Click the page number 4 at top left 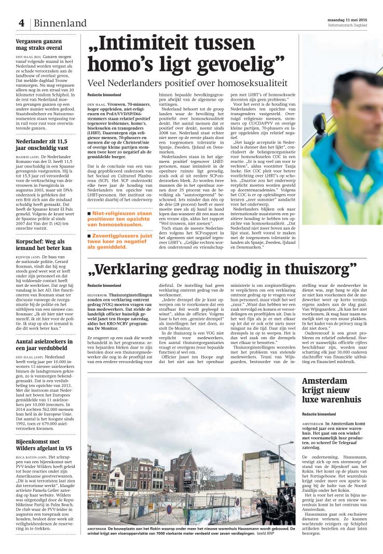pyautogui.click(x=22, y=23)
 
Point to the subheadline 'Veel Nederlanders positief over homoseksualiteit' pyautogui.click(x=187, y=83)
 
